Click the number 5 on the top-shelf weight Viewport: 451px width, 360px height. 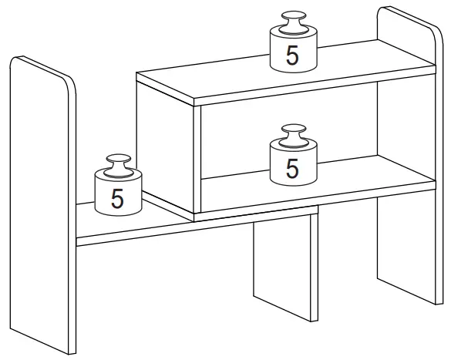coord(292,55)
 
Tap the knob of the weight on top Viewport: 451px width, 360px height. coord(293,20)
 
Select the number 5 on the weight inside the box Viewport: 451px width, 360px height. coord(292,167)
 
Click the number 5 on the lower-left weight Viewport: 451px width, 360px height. coord(117,197)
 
